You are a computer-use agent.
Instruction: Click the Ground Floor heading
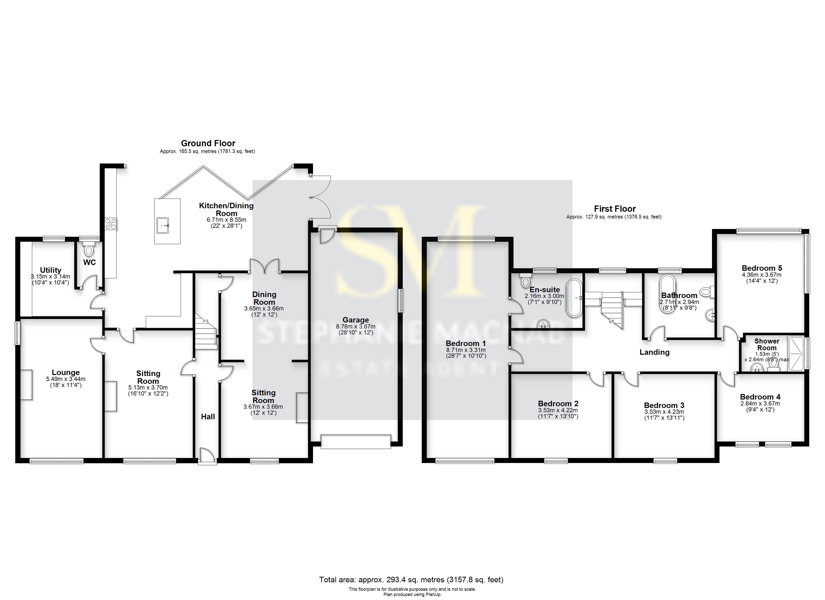coord(208,143)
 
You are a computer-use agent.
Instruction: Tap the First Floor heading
coord(615,209)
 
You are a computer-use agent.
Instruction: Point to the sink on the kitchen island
coord(162,225)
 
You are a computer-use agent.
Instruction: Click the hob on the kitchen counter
coord(110,223)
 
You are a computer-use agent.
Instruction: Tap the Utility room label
coord(50,270)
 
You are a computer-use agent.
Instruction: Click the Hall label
coord(208,416)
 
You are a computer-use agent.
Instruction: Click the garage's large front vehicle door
coord(355,441)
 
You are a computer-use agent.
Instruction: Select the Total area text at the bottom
coord(411,579)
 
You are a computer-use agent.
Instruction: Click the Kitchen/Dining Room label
coord(226,209)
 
